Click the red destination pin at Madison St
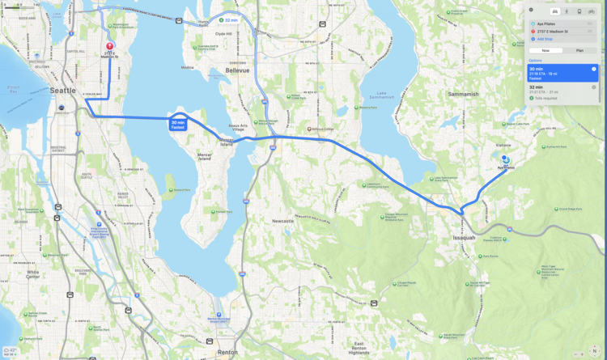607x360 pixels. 109,47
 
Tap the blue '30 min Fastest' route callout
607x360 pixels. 179,124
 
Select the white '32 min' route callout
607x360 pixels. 230,19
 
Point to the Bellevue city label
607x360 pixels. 237,70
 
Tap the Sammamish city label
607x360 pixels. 464,94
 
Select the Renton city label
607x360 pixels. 227,352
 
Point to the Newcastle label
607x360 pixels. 282,220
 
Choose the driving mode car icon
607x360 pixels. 554,11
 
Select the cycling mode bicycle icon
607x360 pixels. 591,11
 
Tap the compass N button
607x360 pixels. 593,350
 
